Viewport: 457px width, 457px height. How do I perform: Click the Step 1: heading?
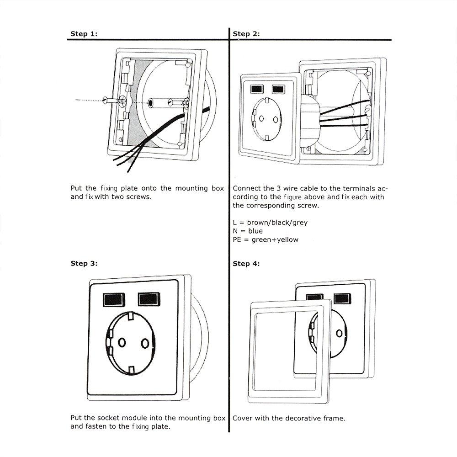pos(84,34)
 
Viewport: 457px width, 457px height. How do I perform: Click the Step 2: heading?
pos(246,34)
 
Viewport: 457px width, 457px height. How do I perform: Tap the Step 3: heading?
pos(84,264)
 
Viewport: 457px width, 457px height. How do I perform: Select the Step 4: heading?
pos(246,264)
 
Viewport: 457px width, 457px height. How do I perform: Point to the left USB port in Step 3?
pos(114,300)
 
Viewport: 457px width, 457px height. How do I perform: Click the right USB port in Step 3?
pos(149,299)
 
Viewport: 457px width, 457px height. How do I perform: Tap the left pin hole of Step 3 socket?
pos(122,342)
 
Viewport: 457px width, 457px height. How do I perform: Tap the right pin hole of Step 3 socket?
pos(145,344)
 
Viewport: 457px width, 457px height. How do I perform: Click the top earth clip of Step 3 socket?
pos(131,316)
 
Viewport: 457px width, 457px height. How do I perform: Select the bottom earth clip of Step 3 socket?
pos(132,370)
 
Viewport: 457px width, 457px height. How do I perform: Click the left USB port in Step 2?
pos(257,89)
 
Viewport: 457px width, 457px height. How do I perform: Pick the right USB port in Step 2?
pos(278,89)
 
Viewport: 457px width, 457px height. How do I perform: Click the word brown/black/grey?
pos(277,223)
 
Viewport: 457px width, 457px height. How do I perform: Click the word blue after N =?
pos(255,231)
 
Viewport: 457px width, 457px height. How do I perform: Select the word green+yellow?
pos(275,240)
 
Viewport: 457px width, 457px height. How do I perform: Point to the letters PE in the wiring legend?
pos(237,240)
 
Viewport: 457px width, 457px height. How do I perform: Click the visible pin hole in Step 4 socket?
pos(339,333)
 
